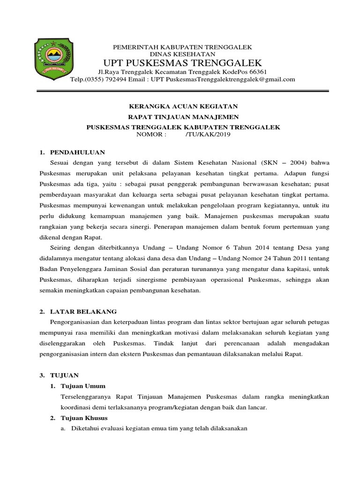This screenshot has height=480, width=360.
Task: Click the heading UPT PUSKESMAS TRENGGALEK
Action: click(x=182, y=63)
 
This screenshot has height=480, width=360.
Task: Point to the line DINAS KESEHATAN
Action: click(x=182, y=54)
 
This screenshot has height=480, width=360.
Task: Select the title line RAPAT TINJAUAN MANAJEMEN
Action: click(x=184, y=117)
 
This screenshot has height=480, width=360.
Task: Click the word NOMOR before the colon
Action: click(x=149, y=134)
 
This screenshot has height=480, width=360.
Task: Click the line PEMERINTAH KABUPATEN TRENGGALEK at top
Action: click(x=182, y=47)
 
